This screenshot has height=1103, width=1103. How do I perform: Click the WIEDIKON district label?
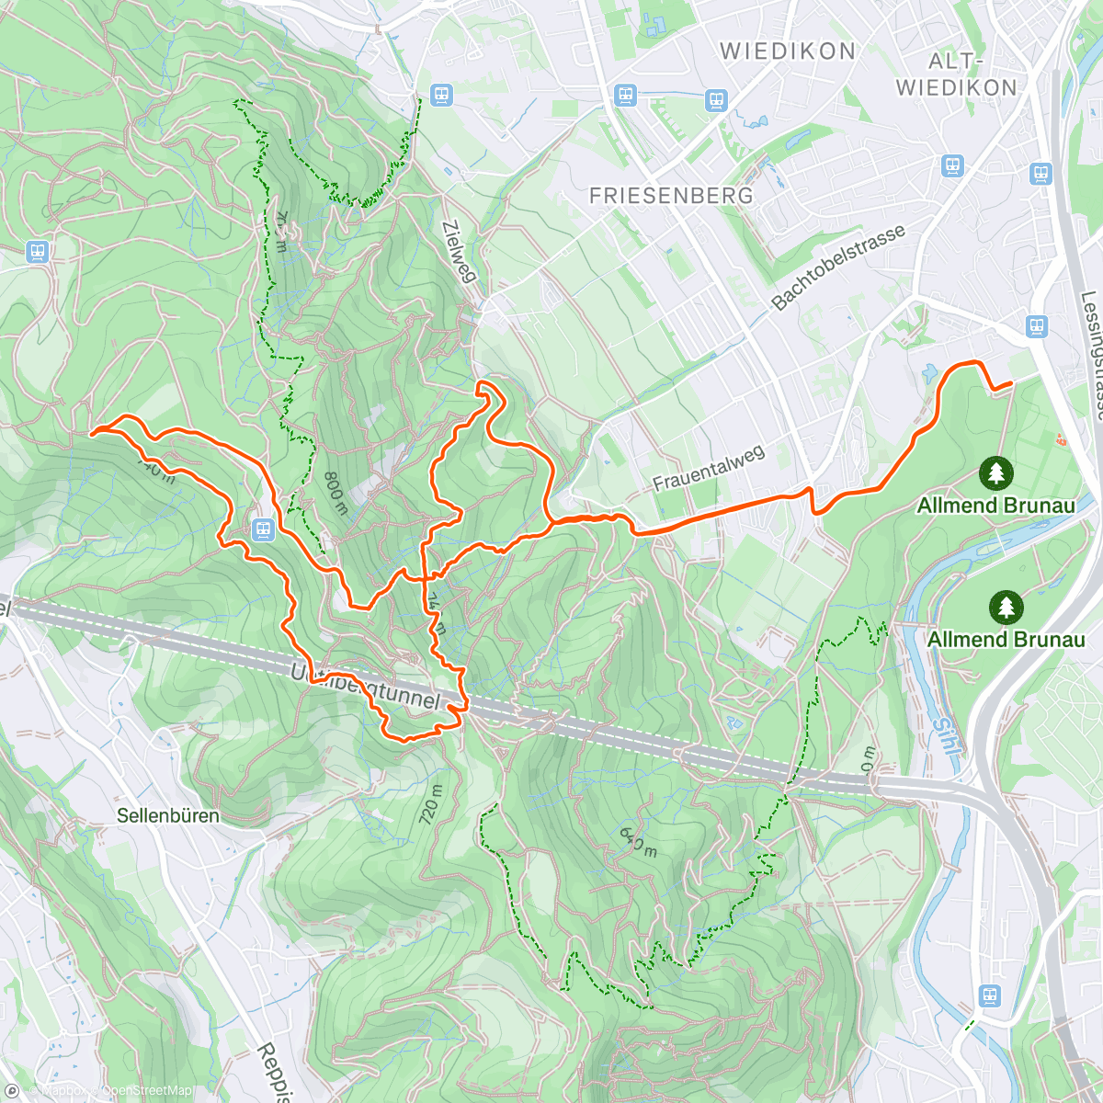click(788, 51)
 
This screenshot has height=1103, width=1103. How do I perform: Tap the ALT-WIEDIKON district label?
click(957, 74)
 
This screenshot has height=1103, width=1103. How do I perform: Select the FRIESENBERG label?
click(671, 196)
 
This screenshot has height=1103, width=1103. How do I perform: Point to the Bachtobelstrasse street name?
click(838, 267)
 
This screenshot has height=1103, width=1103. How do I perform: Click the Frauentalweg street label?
click(708, 469)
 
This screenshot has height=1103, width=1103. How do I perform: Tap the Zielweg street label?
click(459, 251)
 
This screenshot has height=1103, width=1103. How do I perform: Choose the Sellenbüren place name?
click(168, 815)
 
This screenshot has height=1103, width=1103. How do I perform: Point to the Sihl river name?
click(946, 736)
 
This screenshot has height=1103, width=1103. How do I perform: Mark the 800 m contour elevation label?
click(335, 494)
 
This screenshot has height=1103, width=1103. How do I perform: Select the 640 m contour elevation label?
click(638, 841)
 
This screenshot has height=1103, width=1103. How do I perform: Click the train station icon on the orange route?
click(263, 529)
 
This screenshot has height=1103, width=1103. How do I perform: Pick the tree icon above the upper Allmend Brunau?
click(995, 473)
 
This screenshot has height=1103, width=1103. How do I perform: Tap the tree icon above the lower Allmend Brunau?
click(1006, 608)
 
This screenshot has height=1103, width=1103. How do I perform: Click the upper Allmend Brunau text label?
click(995, 506)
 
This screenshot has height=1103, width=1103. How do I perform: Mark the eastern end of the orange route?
click(1011, 383)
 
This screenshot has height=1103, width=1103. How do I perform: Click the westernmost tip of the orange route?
click(92, 430)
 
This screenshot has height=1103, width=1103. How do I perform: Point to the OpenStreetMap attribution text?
click(147, 1091)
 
